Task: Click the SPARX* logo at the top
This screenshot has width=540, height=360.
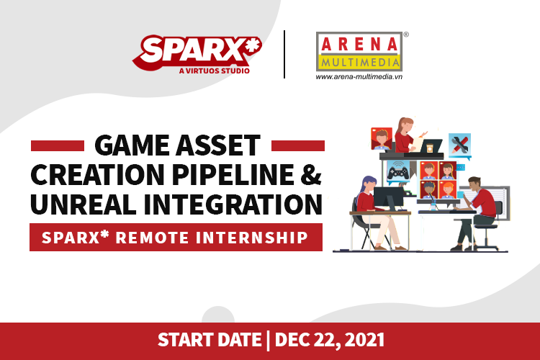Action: (197, 54)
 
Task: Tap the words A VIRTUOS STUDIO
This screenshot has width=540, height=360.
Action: (215, 71)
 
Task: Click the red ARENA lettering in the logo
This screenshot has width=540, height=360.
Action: (359, 45)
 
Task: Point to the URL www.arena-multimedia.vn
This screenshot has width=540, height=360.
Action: (359, 77)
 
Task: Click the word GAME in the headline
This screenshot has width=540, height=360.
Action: (132, 145)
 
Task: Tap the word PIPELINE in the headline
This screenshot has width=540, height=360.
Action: (233, 175)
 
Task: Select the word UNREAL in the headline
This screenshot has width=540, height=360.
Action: (83, 204)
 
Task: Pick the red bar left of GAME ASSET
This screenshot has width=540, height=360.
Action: (58, 145)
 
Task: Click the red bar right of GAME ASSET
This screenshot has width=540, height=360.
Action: (298, 145)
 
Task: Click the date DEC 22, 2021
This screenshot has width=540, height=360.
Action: (330, 341)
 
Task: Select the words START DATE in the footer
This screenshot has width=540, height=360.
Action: (210, 341)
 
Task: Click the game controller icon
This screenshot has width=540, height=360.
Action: (398, 171)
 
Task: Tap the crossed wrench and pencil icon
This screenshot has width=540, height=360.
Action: (460, 145)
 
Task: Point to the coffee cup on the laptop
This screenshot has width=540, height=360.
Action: (429, 148)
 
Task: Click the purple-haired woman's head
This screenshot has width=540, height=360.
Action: (368, 183)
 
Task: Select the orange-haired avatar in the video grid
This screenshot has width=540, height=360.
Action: (448, 189)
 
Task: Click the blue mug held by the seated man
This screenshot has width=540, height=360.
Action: (461, 195)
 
